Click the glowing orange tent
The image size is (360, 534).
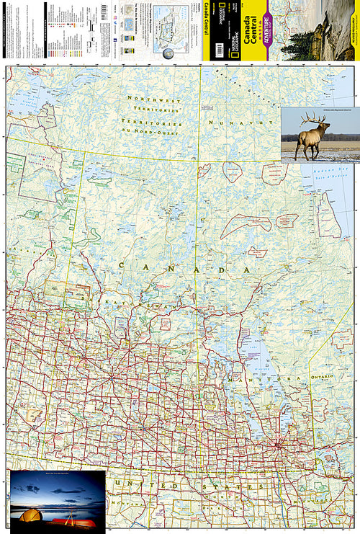30,514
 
